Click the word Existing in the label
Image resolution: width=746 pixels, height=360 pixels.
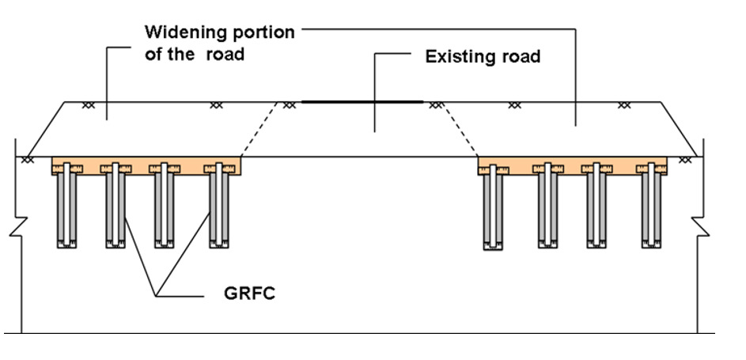(x=458, y=58)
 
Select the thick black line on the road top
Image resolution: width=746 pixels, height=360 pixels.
(x=362, y=102)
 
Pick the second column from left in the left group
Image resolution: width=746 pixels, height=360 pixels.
(x=115, y=207)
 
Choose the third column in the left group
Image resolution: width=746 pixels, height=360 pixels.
(x=165, y=207)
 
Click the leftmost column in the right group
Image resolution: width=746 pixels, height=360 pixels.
(x=493, y=210)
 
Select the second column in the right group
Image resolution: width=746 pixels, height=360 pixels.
(x=548, y=207)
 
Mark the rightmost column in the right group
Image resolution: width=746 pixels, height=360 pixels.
(x=650, y=207)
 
